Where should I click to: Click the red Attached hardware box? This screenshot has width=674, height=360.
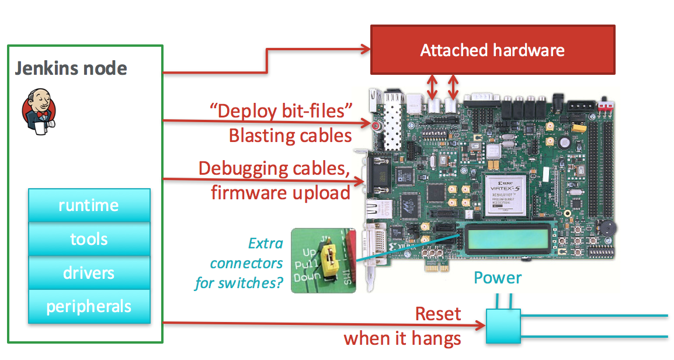[492, 50]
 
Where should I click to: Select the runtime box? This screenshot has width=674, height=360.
[89, 205]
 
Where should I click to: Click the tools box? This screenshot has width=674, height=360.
[89, 239]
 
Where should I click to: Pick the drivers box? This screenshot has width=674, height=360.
[89, 273]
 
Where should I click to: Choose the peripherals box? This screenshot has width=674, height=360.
[89, 306]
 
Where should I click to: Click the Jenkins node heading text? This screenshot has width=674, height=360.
[71, 68]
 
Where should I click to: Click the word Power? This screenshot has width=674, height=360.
[497, 278]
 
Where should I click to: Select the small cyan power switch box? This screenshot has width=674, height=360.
[502, 326]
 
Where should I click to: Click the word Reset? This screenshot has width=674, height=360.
[437, 314]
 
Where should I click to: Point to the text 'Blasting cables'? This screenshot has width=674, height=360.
[290, 136]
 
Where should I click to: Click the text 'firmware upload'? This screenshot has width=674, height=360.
[280, 192]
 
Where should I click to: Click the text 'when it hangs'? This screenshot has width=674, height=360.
[402, 338]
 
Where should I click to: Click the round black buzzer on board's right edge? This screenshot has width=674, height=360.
[608, 229]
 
